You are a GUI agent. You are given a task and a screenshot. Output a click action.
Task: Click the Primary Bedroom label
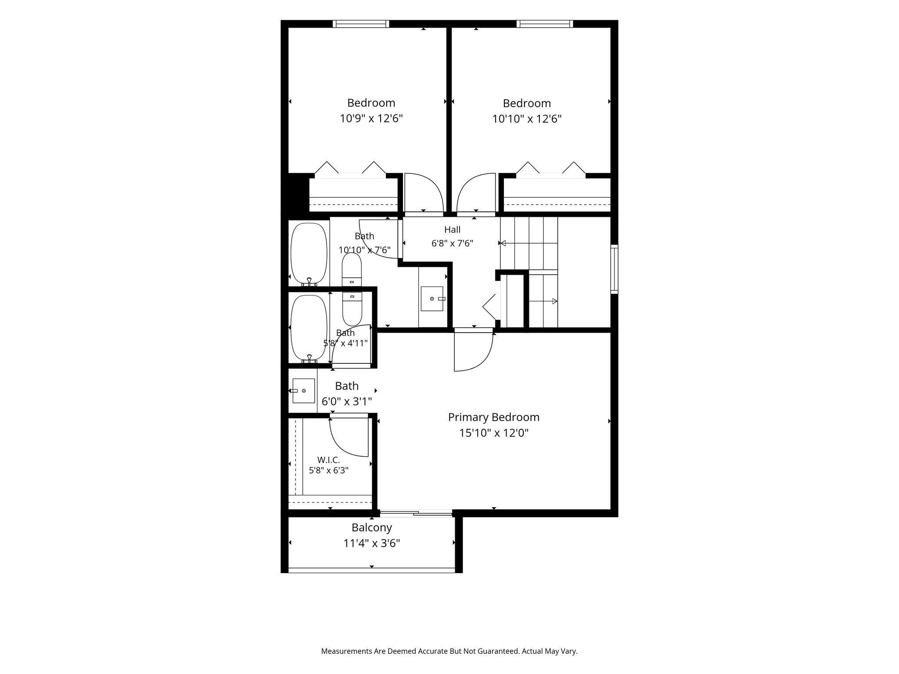[493, 417]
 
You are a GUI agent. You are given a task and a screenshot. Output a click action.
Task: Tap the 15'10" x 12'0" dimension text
[493, 433]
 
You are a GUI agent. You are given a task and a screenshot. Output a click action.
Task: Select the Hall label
[452, 229]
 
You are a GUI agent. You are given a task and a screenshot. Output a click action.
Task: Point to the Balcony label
[371, 527]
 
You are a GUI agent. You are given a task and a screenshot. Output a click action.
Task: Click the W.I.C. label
[328, 460]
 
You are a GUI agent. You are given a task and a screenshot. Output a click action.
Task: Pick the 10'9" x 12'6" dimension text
[371, 118]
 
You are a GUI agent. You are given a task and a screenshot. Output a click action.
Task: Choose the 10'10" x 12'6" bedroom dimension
[527, 119]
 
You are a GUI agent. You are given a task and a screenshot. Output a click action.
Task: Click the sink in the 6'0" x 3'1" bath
[303, 391]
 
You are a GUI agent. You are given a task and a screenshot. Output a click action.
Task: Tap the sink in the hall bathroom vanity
[432, 299]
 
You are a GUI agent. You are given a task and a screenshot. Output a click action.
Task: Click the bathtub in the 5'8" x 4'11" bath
[309, 328]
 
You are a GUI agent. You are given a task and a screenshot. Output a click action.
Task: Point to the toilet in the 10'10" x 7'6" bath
[352, 269]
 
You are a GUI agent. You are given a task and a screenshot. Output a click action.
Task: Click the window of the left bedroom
[361, 24]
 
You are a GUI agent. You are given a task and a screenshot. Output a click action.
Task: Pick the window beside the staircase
[615, 269]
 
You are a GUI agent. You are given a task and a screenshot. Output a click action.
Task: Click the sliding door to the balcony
[416, 513]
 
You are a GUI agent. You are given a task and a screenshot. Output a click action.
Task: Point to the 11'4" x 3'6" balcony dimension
[371, 544]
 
